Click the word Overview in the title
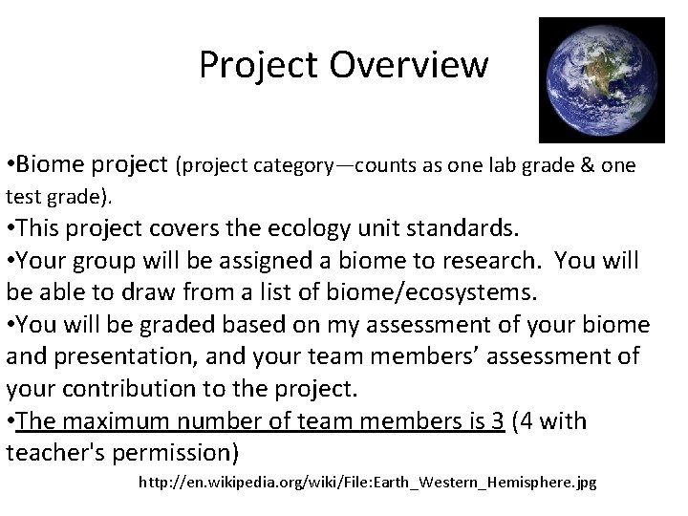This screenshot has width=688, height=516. tap(409, 65)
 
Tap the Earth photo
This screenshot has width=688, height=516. tap(601, 80)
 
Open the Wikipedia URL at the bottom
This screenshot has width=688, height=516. tap(368, 483)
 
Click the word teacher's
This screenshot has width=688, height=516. tap(58, 451)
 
